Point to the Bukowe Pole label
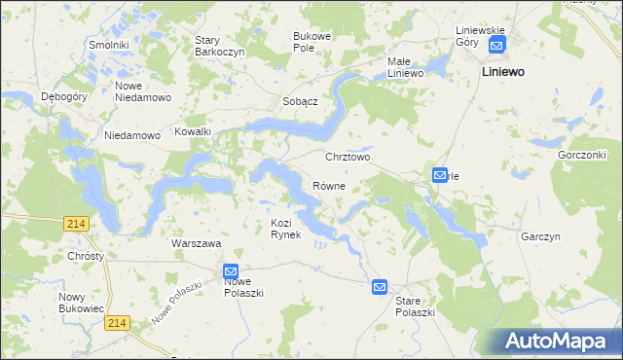[x=312, y=42]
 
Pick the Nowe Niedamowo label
[x=143, y=91]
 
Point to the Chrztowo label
[x=348, y=156]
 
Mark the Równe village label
[x=329, y=185]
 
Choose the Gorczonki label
[x=582, y=155]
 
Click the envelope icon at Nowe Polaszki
[x=231, y=271]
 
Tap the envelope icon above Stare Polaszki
[x=379, y=287]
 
